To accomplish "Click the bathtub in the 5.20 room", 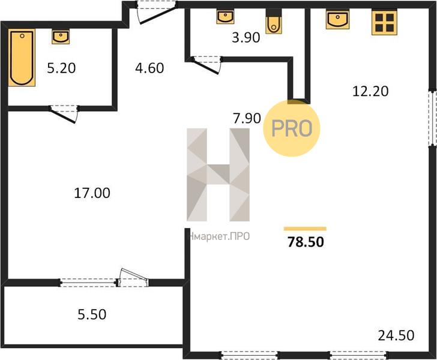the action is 22,58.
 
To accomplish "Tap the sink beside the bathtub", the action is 61,37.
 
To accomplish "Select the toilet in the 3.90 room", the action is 274,21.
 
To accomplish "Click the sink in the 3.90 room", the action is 225,17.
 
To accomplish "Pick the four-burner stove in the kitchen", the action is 384,22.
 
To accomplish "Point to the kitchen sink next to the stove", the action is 337,20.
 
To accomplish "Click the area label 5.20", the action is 61,68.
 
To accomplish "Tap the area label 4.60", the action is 149,68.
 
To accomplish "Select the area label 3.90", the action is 246,37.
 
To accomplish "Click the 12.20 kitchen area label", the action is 370,91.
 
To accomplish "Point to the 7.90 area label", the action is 247,118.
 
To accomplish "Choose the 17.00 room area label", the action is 92,193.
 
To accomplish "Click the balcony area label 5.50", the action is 92,314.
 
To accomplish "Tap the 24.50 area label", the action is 396,335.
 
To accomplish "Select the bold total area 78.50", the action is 306,242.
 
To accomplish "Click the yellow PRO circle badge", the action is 292,128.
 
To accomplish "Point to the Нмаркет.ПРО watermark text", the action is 219,236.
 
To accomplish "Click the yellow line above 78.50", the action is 305,229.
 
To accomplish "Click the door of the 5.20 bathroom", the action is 64,113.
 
